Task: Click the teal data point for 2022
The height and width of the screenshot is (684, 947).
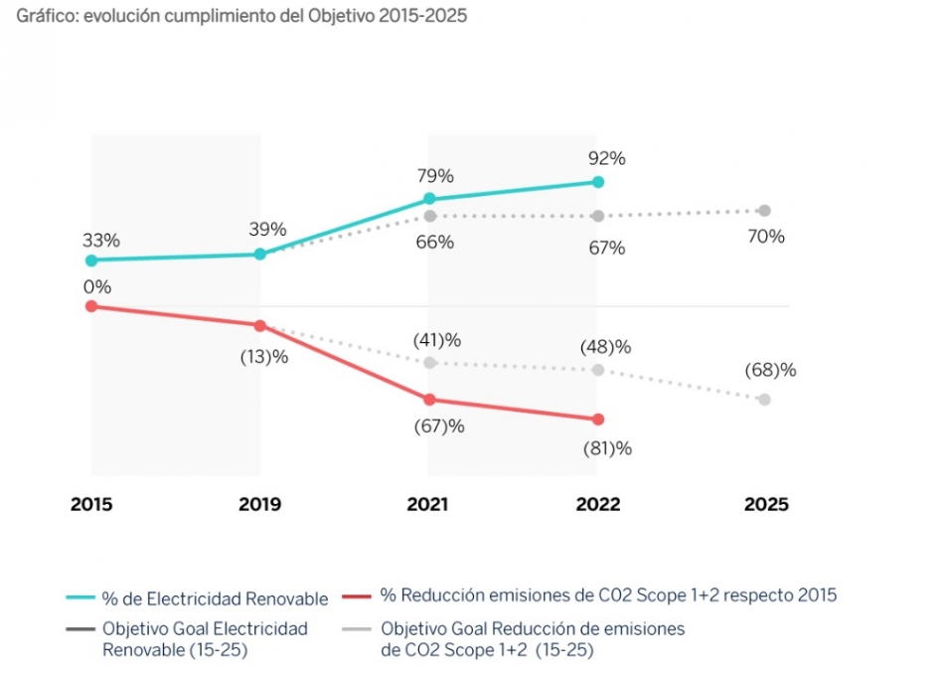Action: (597, 182)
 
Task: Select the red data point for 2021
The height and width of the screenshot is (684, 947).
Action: (429, 400)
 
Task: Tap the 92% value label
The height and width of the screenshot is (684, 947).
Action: (605, 158)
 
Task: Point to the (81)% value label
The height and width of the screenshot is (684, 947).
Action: (606, 448)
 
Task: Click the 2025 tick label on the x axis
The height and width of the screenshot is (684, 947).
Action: (766, 505)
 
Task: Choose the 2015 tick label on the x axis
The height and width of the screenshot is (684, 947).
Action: (91, 505)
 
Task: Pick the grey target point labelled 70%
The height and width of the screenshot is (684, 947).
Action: (764, 210)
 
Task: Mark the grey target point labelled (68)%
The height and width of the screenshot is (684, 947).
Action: (764, 400)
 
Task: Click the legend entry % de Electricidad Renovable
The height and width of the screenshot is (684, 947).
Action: (215, 598)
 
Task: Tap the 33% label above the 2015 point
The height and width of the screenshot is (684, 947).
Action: (101, 240)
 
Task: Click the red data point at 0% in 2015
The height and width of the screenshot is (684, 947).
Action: (91, 306)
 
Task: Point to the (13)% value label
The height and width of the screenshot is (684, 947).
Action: (264, 357)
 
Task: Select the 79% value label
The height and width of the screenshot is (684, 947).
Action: (435, 176)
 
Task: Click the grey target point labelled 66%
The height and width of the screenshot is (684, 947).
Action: (429, 216)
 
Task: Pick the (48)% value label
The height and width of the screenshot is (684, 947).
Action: (606, 347)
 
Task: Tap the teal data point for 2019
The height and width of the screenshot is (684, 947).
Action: (260, 254)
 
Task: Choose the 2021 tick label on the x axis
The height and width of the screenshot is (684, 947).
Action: (428, 505)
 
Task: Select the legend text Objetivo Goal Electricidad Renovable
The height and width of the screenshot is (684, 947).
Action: (205, 639)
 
